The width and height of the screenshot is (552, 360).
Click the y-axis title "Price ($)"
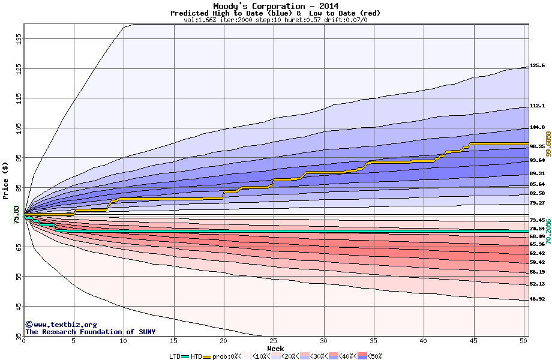(x=6, y=180)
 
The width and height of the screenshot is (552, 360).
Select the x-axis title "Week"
(x=275, y=349)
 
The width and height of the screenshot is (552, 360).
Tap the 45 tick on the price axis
(x=19, y=307)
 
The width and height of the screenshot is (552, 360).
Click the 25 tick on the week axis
(x=274, y=340)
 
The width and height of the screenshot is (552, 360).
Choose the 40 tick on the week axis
(x=424, y=340)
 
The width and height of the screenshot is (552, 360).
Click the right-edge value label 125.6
(x=537, y=66)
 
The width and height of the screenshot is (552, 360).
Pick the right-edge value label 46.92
(x=537, y=299)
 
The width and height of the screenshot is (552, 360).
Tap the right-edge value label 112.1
(x=537, y=106)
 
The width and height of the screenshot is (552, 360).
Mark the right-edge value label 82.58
(x=537, y=194)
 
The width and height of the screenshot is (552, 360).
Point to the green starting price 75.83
(x=16, y=214)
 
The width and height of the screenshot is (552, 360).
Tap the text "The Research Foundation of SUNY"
(x=90, y=332)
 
